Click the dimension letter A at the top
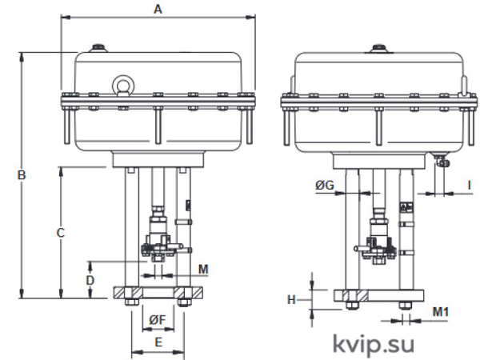[158, 9]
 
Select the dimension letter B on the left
[22, 175]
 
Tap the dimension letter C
[61, 233]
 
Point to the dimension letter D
[90, 280]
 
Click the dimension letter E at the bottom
[158, 342]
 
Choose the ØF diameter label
[158, 320]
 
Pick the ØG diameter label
[325, 185]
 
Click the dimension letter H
[291, 300]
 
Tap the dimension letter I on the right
[469, 185]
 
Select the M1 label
[441, 312]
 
